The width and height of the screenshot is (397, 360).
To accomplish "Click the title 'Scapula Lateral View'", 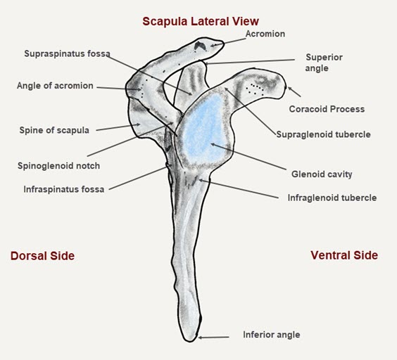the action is [201, 21].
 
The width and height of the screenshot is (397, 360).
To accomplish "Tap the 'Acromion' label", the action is [265, 34].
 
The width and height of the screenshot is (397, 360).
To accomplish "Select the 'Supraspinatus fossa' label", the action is [67, 53].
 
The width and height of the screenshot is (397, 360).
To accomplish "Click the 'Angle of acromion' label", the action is [55, 86].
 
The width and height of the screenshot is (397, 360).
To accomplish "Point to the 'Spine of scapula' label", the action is [54, 130].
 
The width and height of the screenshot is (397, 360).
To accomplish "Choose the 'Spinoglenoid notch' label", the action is [58, 166].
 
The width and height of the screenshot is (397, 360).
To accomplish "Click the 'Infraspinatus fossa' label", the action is [64, 189].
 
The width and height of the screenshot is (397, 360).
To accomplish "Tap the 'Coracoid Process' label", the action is [327, 109].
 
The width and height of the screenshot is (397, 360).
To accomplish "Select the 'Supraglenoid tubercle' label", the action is [324, 134].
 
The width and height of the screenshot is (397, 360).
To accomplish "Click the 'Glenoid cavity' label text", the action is [322, 174].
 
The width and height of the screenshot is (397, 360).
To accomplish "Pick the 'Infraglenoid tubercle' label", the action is [332, 198].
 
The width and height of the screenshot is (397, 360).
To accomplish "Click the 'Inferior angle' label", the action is [272, 335].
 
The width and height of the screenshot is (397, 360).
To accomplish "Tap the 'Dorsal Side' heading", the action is [42, 256].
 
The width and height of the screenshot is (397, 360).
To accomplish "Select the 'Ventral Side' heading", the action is [344, 255].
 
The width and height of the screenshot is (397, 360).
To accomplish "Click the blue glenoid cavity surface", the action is [204, 128].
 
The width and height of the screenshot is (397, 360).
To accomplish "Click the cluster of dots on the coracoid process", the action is [255, 89].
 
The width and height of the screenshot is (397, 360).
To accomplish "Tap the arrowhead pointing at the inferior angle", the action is [201, 337].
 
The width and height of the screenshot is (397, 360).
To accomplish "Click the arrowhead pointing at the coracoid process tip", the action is [290, 89].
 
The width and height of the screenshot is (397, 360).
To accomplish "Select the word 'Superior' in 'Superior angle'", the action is [324, 57].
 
